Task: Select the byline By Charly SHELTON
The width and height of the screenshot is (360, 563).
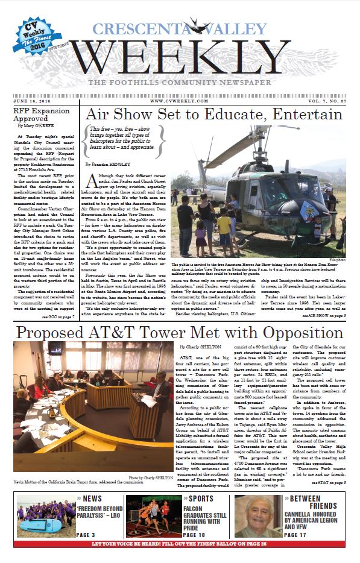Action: point(205,348)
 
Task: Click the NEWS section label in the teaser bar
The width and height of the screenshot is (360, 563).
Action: point(90,499)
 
